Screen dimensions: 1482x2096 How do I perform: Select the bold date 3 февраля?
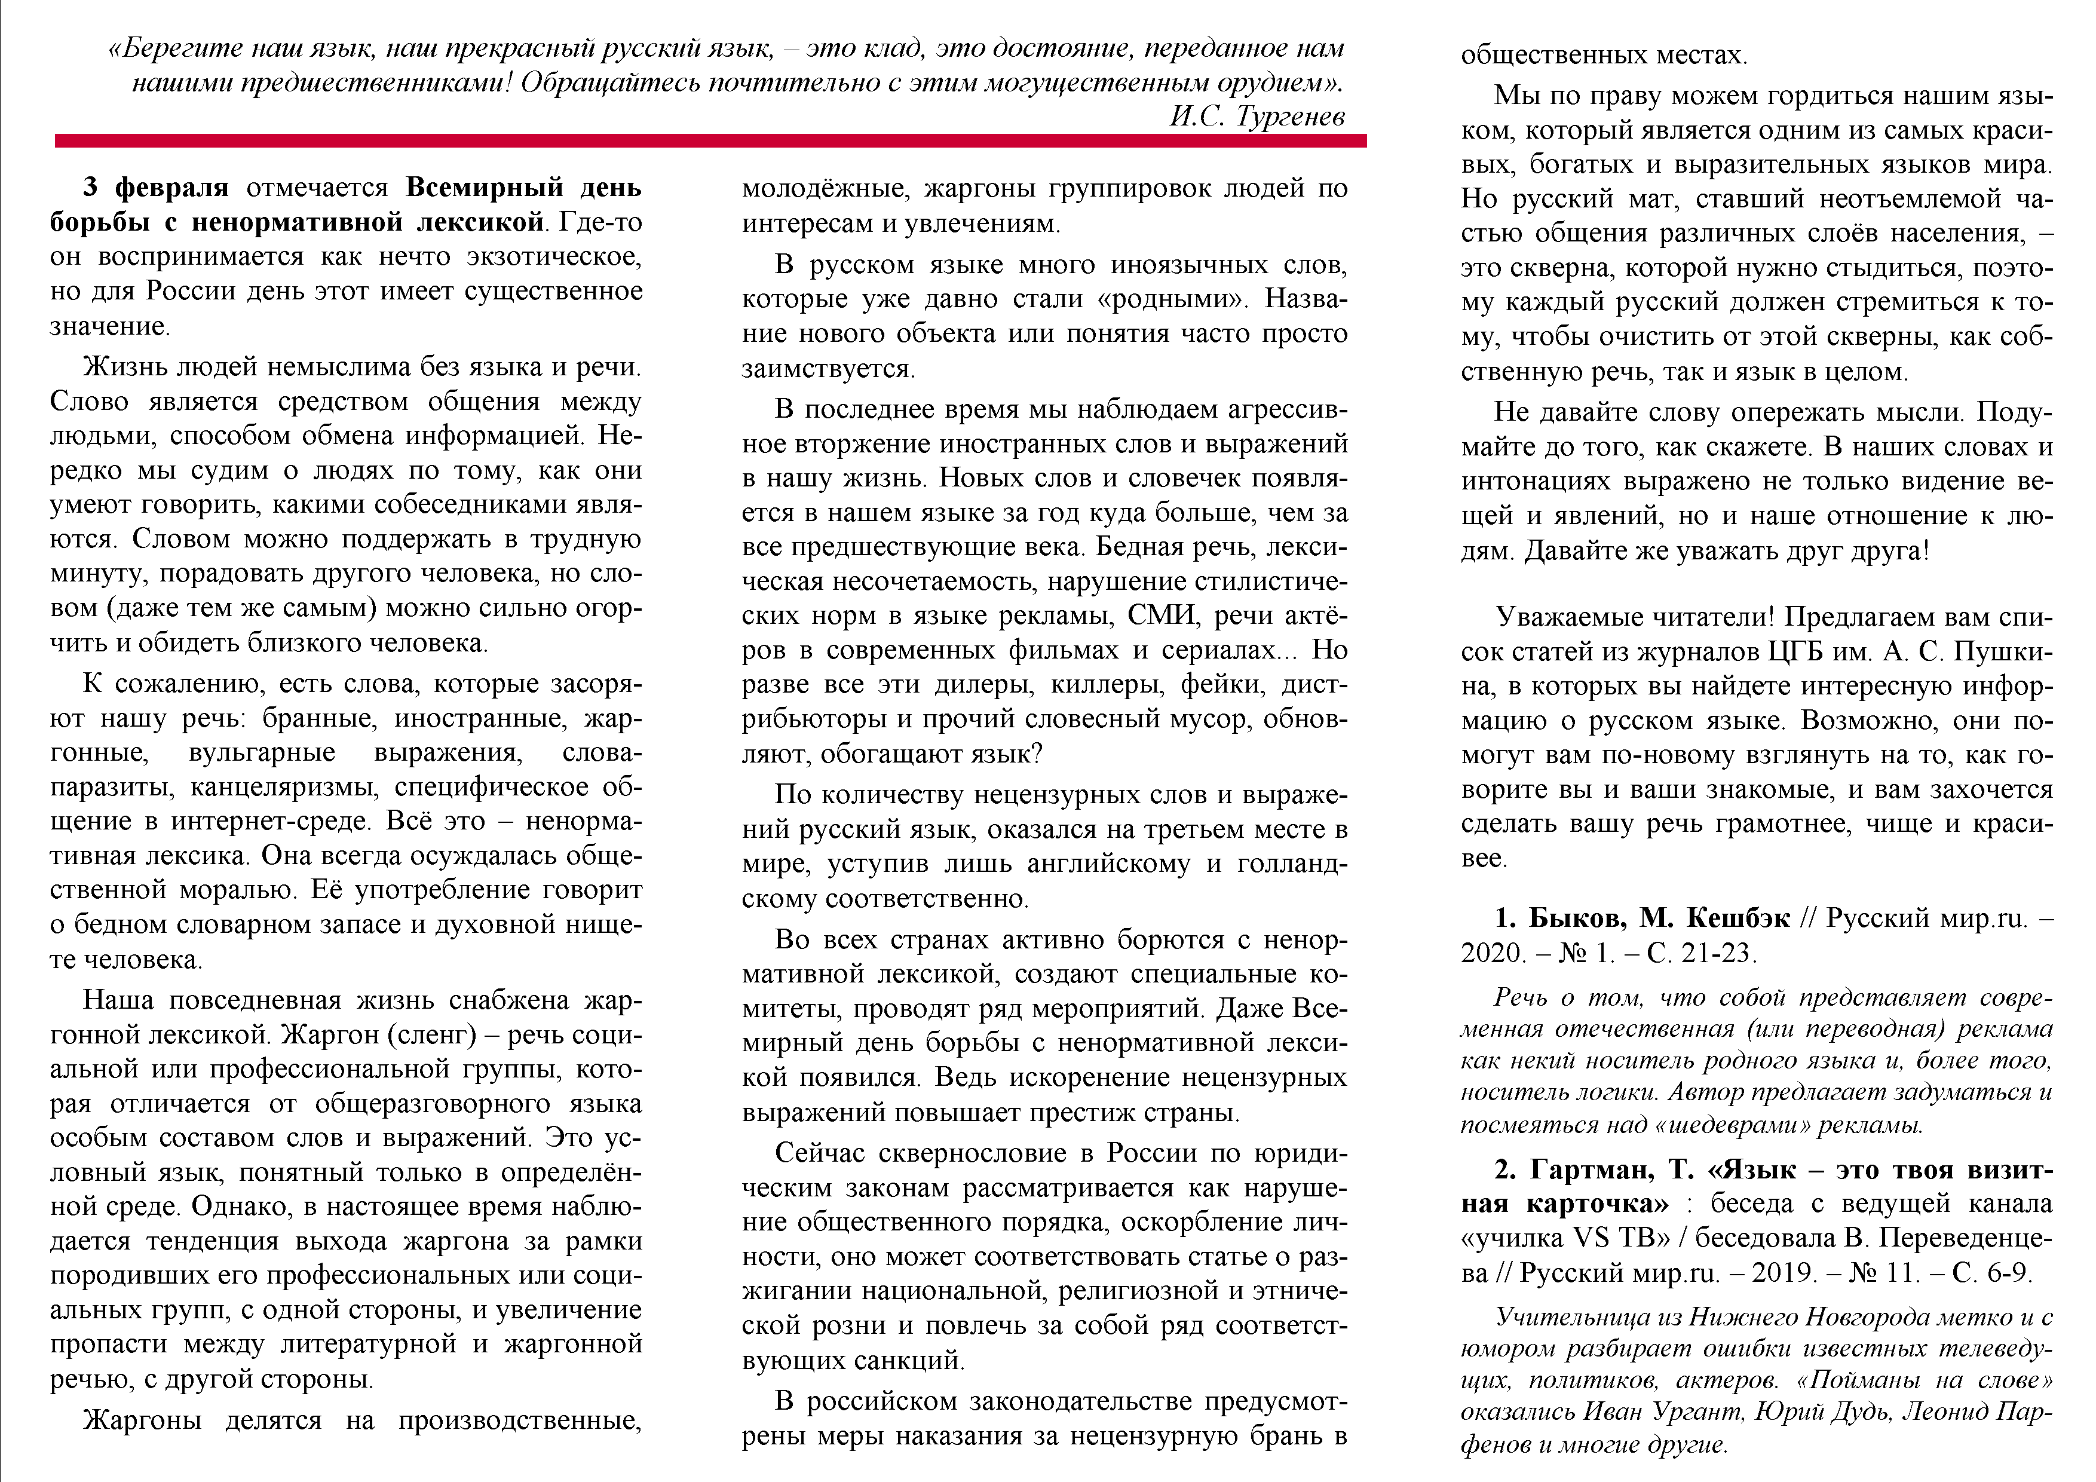tap(156, 187)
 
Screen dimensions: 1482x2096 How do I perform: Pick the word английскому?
tap(1108, 863)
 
